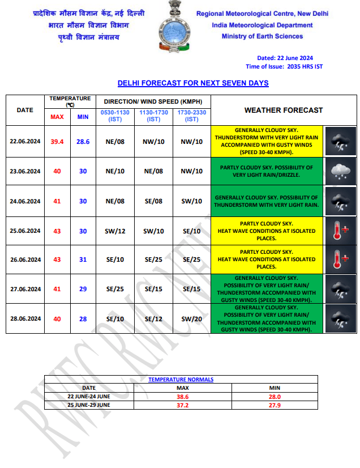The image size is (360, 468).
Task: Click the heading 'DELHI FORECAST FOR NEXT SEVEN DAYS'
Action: pos(193,83)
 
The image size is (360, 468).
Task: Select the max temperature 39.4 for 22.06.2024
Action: pos(57,141)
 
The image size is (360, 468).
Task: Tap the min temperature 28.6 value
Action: pos(83,141)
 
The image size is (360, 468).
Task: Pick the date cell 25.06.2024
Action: pos(25,231)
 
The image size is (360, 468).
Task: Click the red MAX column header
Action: pos(57,117)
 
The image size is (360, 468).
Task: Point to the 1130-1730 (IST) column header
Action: pos(154,116)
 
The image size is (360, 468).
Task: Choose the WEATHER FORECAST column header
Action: pos(283,110)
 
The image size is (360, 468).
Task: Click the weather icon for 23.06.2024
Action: pos(341,170)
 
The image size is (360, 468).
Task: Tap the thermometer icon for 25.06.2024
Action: pos(341,230)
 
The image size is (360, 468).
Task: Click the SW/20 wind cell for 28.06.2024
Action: pos(192,319)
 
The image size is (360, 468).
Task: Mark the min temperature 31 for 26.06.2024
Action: pos(83,259)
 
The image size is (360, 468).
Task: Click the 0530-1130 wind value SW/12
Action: pos(115,231)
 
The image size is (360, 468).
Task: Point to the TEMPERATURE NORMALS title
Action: pos(181,380)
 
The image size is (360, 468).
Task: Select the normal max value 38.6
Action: pos(182,397)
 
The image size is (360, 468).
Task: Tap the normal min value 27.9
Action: pos(275,405)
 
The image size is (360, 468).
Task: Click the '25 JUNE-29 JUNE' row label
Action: pos(89,405)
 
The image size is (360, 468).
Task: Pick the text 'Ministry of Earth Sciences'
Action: pos(262,36)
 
